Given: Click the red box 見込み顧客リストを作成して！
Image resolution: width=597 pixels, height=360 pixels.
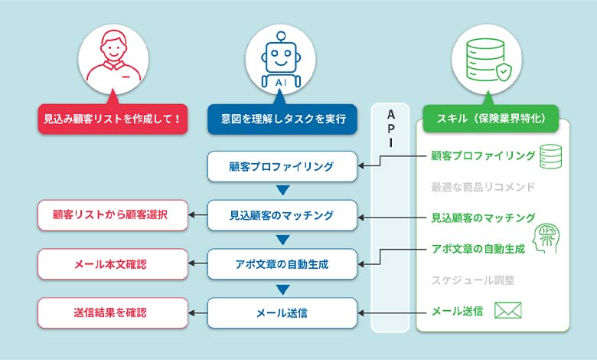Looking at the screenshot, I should (112, 119).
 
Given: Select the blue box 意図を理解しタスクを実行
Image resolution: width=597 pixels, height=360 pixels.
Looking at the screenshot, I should (282, 119).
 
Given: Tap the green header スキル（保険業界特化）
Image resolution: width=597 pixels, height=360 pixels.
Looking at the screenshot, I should (490, 119).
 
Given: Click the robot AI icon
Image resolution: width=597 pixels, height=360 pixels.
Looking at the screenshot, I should (282, 60).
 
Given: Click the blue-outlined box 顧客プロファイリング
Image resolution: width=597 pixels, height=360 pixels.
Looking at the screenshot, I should (282, 166).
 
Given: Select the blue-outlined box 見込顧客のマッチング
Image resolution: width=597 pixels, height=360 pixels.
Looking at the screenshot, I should (282, 215).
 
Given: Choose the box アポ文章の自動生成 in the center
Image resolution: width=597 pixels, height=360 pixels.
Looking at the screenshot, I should (282, 264).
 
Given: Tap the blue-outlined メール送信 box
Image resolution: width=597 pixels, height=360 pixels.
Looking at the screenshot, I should (282, 313).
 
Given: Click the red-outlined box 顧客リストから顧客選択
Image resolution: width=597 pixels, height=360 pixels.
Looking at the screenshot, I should (113, 215).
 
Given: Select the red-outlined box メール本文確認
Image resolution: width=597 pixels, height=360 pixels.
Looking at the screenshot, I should (113, 264).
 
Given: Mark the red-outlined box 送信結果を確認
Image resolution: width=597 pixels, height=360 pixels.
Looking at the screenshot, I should (113, 313).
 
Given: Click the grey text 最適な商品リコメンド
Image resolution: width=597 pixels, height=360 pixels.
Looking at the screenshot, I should (482, 187).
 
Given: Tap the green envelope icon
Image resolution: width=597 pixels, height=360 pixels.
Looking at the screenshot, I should (507, 310).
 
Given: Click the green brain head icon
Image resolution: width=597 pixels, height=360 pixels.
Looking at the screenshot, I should (545, 236).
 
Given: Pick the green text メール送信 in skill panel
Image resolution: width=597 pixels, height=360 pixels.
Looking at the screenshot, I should (457, 311).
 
